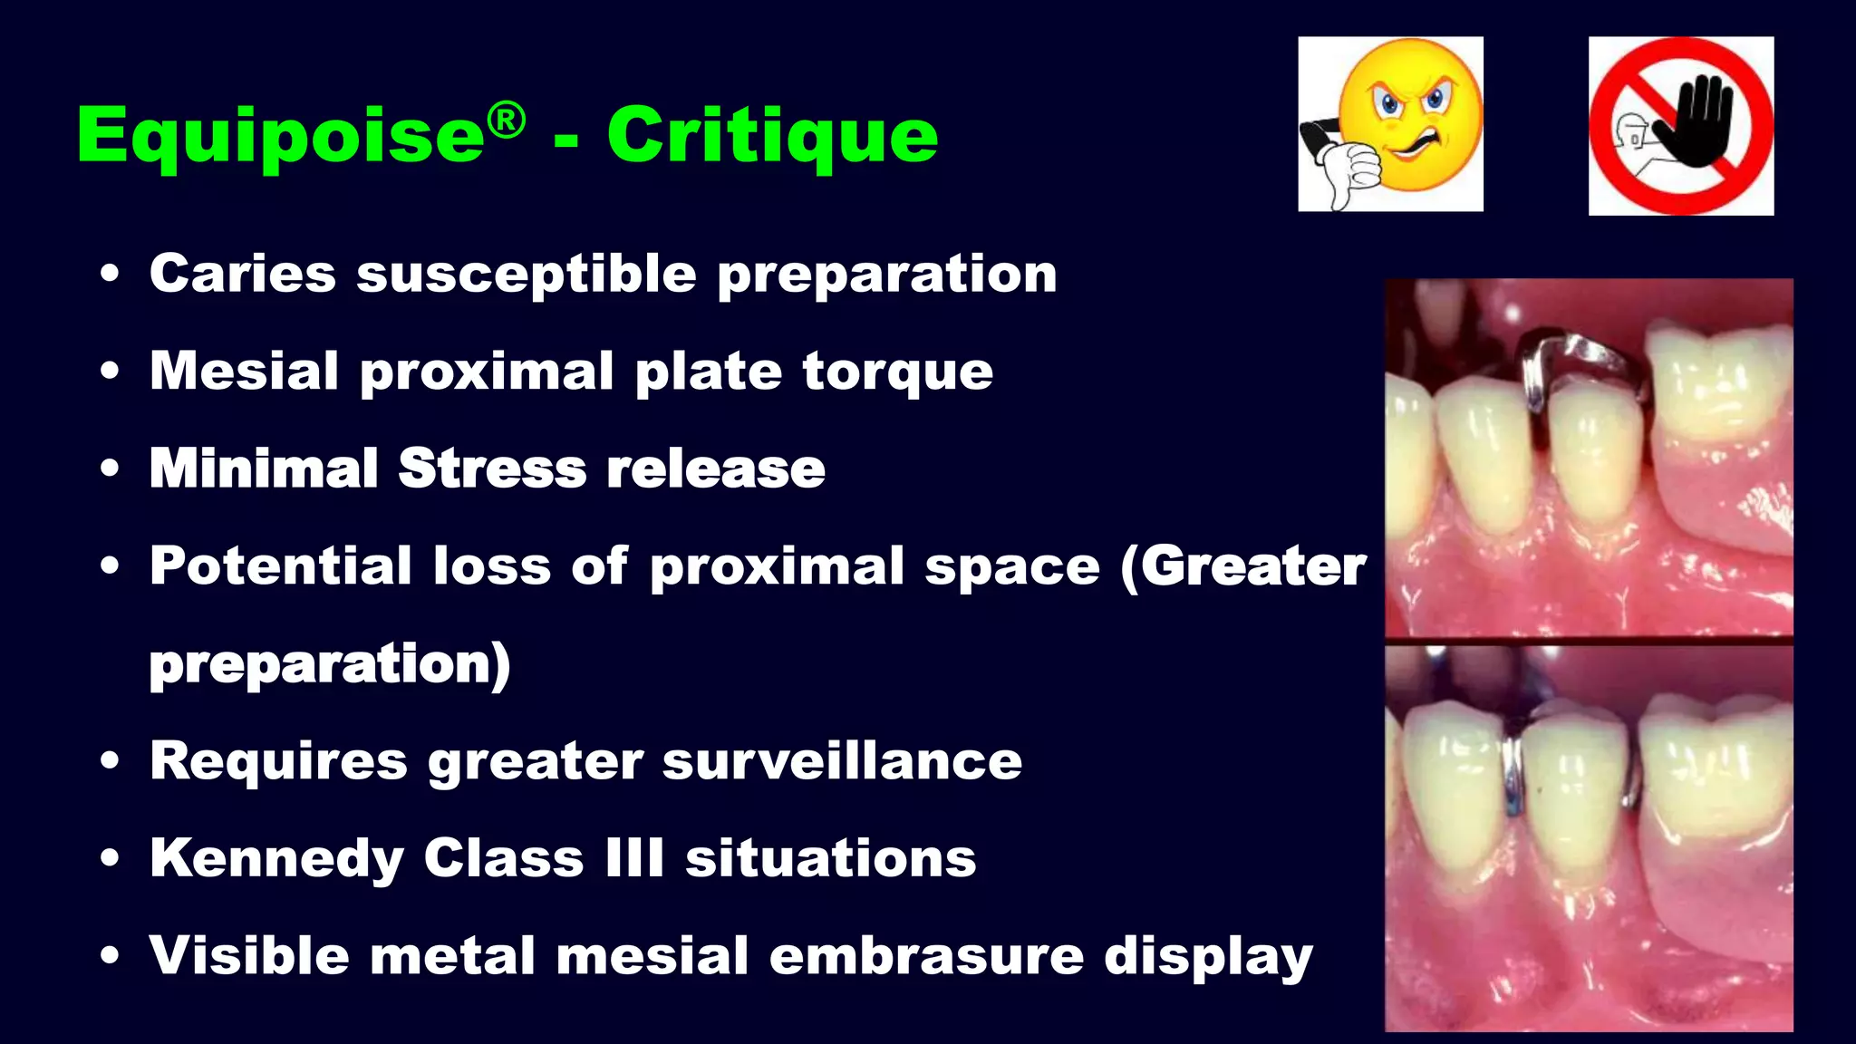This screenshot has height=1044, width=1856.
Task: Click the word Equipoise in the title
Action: click(281, 136)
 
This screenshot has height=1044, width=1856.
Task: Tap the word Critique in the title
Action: click(772, 136)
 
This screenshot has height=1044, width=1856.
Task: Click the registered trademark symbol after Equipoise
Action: click(506, 121)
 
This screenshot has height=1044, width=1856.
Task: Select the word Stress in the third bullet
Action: click(492, 469)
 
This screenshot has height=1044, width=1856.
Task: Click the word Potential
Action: click(281, 566)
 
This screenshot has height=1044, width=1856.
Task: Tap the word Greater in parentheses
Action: click(1252, 566)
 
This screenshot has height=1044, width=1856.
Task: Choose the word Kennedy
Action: click(276, 858)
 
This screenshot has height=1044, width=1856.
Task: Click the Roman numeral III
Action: click(634, 858)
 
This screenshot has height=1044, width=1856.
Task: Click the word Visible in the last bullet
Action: click(249, 956)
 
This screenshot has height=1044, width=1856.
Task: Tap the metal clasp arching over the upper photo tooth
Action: click(1581, 358)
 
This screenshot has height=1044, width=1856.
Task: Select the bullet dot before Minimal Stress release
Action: click(110, 469)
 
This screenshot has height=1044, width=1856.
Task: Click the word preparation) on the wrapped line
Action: click(330, 664)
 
